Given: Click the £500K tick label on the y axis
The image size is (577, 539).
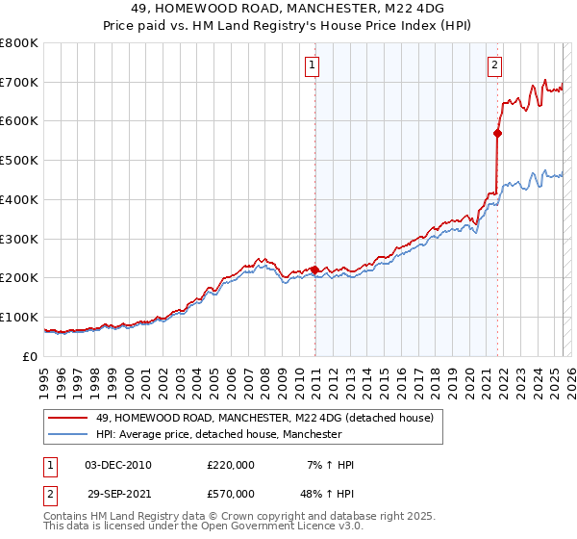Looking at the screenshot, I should click(x=18, y=161).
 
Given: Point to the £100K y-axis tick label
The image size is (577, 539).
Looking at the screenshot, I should click(x=18, y=317).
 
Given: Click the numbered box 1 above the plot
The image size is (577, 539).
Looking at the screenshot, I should click(x=314, y=65).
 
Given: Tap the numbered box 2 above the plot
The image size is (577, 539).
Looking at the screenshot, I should click(x=494, y=65).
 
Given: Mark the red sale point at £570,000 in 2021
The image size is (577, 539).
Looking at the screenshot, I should click(x=498, y=134).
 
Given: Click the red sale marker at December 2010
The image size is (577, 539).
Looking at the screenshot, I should click(x=314, y=269).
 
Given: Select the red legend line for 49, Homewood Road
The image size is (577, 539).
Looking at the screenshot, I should click(x=67, y=418).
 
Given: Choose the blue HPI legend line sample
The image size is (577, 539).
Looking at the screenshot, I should click(x=67, y=435).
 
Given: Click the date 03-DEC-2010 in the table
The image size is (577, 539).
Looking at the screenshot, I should click(x=118, y=465).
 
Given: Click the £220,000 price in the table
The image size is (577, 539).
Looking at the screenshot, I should click(x=230, y=465).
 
